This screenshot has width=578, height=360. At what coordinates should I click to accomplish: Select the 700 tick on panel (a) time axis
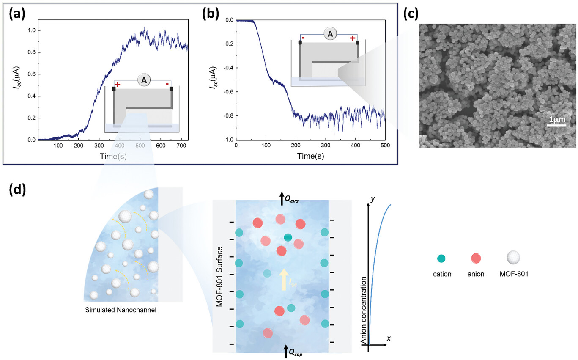(x=181, y=146)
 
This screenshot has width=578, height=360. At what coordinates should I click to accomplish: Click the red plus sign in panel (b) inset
(x=353, y=38)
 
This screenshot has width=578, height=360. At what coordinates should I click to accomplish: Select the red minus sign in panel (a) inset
(x=168, y=85)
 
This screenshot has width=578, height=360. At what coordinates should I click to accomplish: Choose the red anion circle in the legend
(x=476, y=258)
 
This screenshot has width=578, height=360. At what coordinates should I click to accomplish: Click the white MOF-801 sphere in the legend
(x=513, y=257)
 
